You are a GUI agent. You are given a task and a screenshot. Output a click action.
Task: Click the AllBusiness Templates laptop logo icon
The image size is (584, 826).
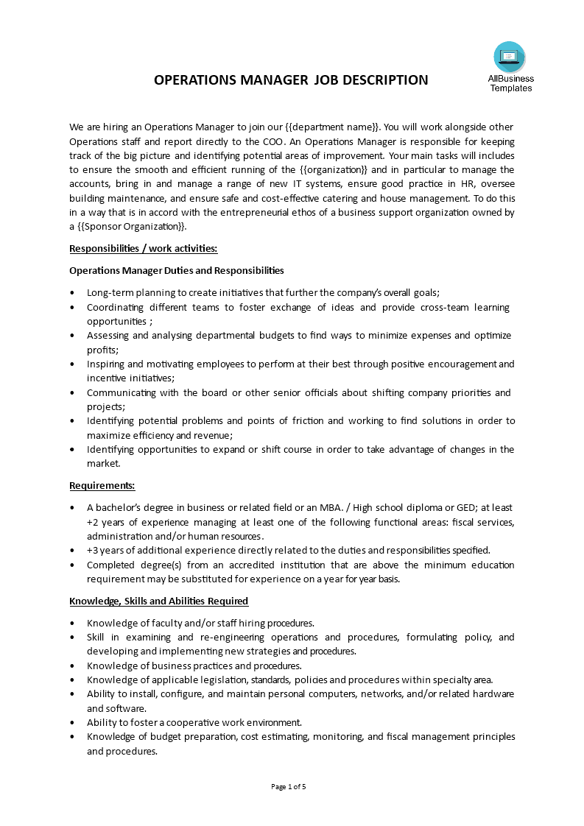[x=510, y=57]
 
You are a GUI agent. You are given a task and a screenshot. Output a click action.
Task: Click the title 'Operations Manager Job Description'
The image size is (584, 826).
[x=291, y=80]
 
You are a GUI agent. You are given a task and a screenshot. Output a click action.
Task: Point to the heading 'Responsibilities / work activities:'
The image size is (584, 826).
[x=143, y=248]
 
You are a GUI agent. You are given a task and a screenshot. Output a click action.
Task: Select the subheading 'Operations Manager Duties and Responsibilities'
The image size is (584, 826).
[x=176, y=270]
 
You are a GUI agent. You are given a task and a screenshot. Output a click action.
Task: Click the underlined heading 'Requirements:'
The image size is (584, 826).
[x=102, y=485]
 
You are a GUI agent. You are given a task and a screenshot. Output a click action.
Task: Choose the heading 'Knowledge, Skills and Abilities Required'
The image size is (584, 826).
[x=158, y=601]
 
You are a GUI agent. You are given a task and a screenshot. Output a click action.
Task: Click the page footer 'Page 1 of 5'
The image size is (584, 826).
[x=289, y=786]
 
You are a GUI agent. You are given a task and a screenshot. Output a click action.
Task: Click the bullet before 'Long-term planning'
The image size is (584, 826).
[x=72, y=293]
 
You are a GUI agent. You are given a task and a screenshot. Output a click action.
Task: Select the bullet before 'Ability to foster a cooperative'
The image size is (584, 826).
[x=72, y=723]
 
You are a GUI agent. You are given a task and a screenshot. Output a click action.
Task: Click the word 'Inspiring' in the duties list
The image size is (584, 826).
[x=107, y=364]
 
